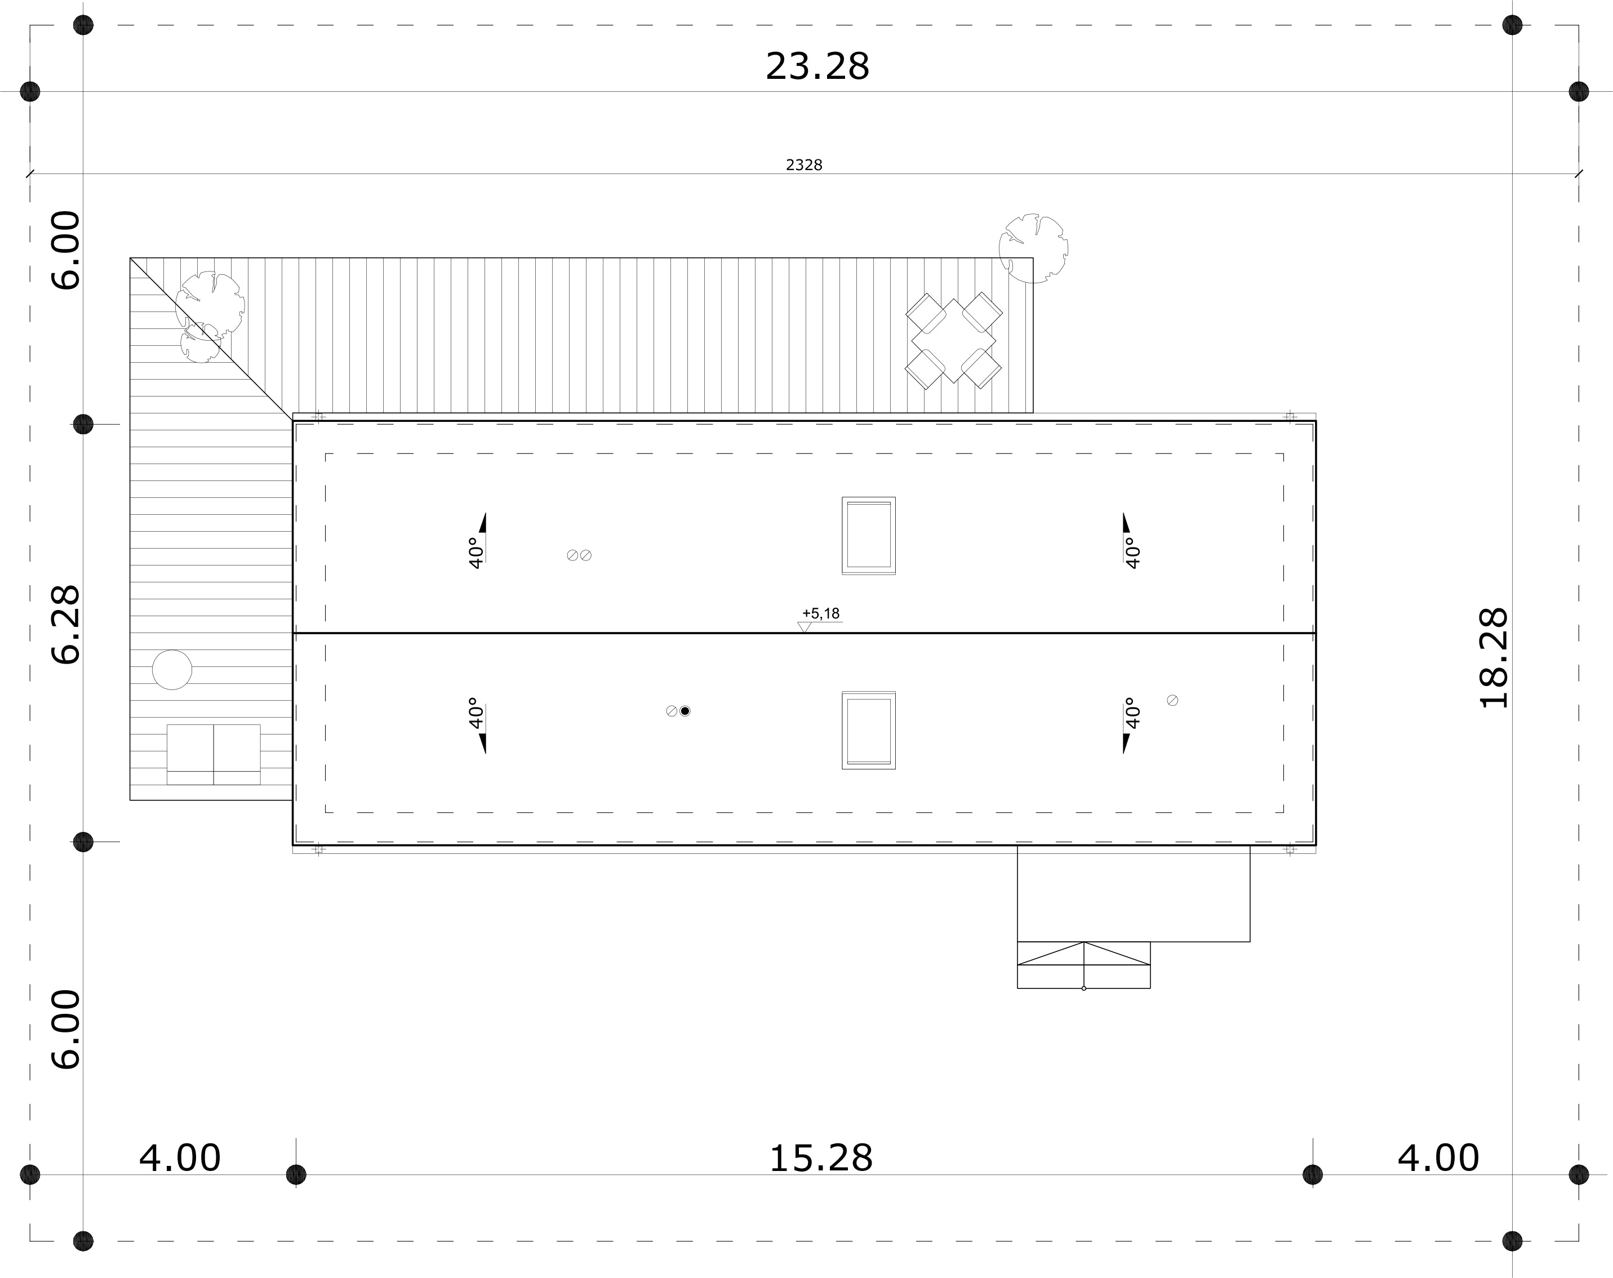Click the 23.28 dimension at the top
817,66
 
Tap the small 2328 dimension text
805,165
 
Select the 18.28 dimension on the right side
1495,658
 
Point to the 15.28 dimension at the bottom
821,1159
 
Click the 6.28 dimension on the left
66,625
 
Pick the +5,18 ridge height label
821,614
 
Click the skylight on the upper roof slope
869,536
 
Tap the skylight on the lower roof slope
869,730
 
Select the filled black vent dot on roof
685,711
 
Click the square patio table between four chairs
954,340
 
